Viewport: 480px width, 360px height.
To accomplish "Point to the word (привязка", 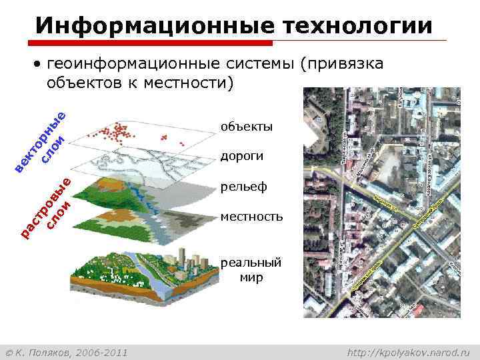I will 341,64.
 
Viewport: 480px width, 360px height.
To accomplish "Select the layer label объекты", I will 246,126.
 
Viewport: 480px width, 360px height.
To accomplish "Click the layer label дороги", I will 242,156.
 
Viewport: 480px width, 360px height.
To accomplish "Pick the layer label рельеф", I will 243,187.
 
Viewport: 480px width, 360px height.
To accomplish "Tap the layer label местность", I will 251,217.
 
